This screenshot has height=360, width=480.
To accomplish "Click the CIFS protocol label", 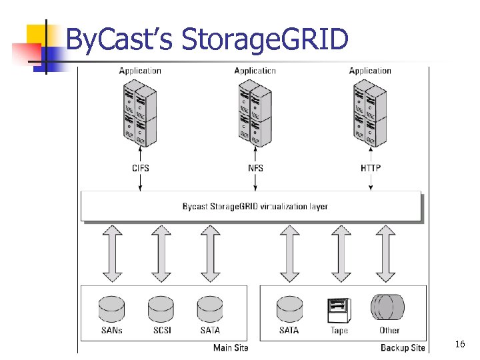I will [x=140, y=168].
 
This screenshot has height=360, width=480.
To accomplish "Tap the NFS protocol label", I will [x=255, y=168].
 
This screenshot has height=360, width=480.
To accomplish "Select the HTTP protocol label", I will [x=371, y=168].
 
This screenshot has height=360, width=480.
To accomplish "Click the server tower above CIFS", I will [x=139, y=113].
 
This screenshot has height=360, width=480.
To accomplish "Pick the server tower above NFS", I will [x=255, y=113].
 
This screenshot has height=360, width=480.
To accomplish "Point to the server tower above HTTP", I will [x=370, y=113].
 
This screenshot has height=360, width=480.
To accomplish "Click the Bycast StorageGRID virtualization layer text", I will [x=255, y=207].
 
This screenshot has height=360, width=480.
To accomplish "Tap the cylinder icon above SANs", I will [x=111, y=309].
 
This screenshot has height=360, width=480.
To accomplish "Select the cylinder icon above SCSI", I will [x=161, y=309].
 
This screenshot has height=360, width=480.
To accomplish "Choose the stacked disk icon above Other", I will [x=389, y=308].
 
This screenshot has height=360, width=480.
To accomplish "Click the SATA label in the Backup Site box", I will [x=289, y=331].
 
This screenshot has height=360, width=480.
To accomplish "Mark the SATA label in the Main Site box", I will [x=210, y=331].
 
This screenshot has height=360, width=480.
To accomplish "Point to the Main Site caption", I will [x=230, y=347].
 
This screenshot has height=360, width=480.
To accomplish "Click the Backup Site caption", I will [x=403, y=347].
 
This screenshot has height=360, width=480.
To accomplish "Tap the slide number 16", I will [x=459, y=344].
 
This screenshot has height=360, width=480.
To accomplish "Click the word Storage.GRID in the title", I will [x=265, y=40].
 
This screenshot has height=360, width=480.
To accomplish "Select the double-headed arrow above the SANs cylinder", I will [x=111, y=253].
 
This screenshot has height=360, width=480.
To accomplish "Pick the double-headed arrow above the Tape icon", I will [x=341, y=253].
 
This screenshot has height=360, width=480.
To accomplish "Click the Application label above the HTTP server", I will [x=370, y=71].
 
